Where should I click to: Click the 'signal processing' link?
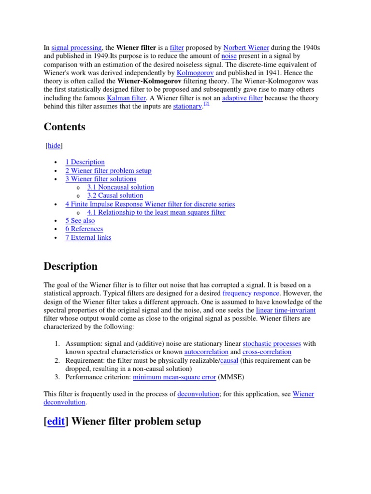pos(76,48)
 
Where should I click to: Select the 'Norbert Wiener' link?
pos(246,48)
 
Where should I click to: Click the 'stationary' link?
pos(187,107)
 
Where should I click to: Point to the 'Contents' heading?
pos(64,127)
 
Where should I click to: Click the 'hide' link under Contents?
pos(54,145)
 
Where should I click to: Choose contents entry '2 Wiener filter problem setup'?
pos(108,170)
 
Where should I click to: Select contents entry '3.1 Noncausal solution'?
pos(120,187)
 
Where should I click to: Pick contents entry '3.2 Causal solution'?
pos(115,195)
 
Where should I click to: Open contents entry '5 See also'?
pos(80,220)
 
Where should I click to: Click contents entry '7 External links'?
pos(88,237)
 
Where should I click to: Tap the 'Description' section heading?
pos(71,266)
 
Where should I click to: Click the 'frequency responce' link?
pos(251,293)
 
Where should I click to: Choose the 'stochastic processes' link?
pos(271,343)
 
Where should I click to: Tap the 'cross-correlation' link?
pos(267,352)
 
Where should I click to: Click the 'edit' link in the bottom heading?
pos(56,422)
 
